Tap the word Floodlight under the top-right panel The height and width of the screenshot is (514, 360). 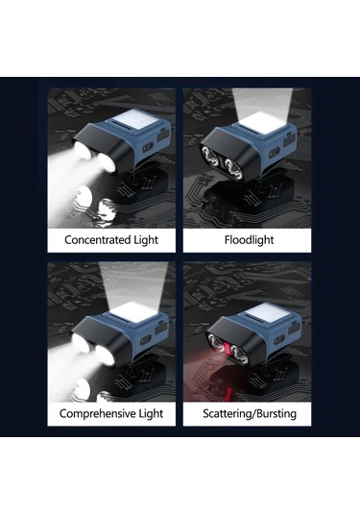(x=249, y=240)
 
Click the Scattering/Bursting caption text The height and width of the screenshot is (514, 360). (x=250, y=413)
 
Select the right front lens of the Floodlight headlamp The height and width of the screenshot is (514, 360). (x=233, y=167)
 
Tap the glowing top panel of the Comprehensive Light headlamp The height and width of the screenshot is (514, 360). (x=133, y=310)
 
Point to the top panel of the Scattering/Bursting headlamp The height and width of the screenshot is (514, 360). (x=268, y=314)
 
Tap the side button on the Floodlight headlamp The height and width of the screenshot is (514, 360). (x=274, y=153)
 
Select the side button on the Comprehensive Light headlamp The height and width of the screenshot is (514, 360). (x=146, y=339)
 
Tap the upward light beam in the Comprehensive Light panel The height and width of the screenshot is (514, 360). (x=133, y=282)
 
